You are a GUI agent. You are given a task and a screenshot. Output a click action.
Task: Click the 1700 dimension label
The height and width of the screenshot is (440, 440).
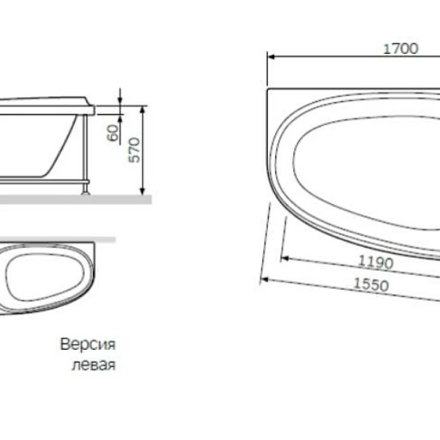(400, 48)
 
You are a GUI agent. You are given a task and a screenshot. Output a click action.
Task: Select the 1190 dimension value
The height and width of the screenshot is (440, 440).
(376, 262)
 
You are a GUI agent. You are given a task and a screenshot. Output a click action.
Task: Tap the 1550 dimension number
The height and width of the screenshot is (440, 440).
(371, 285)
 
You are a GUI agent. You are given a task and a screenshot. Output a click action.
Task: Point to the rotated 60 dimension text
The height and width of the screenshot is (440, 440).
(113, 133)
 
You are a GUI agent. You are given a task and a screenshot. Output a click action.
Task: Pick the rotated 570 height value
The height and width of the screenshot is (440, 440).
(135, 150)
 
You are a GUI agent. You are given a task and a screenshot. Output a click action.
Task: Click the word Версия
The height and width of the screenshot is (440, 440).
(88, 345)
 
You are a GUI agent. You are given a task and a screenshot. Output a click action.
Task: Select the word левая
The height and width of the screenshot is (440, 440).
(94, 366)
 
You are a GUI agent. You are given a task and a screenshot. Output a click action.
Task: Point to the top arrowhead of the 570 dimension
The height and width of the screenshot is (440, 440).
(143, 108)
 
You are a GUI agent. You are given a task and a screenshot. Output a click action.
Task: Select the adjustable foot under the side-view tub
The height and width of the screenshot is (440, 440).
(85, 189)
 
